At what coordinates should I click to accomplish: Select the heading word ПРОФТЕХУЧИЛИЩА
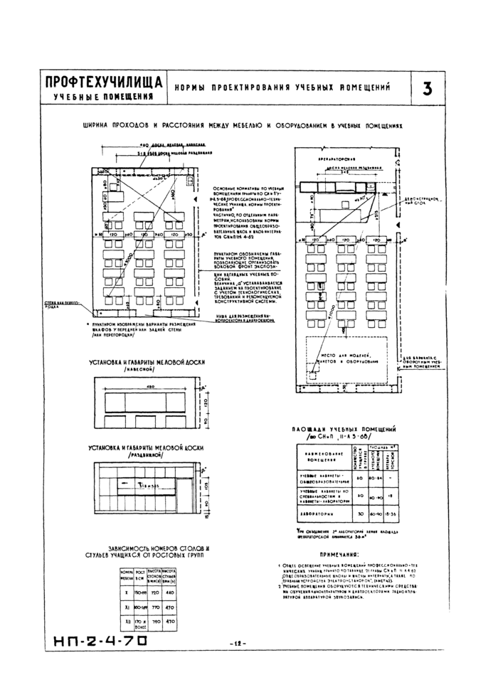102,82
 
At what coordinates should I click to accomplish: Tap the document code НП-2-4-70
100,643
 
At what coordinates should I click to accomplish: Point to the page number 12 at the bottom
238,644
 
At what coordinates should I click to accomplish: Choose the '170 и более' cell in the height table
141,624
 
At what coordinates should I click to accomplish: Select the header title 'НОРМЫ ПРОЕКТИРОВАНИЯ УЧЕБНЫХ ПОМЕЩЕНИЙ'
285,88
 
